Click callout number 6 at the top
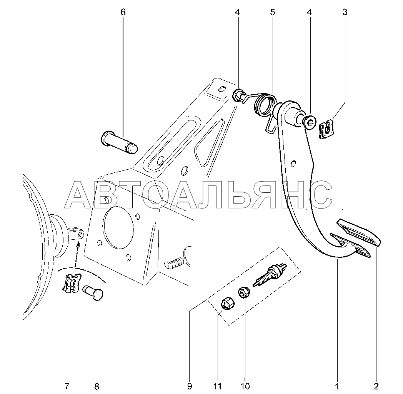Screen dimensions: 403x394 coord(123,12)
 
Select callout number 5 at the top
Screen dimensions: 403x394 coord(272,12)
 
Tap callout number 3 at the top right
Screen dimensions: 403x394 coord(345,12)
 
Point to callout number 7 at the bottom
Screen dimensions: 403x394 coord(67,386)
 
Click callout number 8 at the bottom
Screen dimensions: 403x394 coord(97,386)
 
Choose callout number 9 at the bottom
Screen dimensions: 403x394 coord(190,386)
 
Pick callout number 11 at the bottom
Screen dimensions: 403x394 coord(217,386)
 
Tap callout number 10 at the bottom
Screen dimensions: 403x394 coord(245,386)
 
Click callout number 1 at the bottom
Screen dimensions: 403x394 coord(337,386)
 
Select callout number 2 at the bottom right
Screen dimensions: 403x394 coord(376,386)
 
